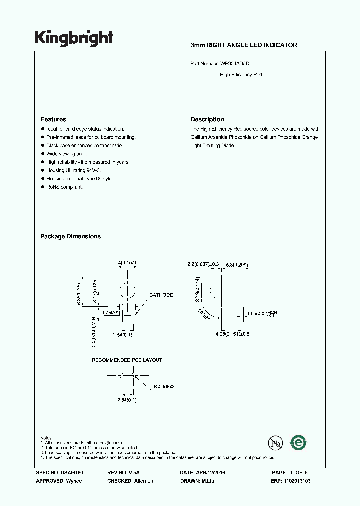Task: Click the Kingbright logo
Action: [x=73, y=38]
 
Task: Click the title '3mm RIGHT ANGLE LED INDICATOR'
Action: [x=244, y=45]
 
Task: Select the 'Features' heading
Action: [x=53, y=119]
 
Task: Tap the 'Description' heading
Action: [x=207, y=119]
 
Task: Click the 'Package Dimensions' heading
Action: [x=70, y=236]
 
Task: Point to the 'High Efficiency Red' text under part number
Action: [x=241, y=75]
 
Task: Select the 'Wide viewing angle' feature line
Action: [x=68, y=154]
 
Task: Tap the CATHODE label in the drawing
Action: [x=161, y=295]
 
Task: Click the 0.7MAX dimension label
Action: [x=110, y=313]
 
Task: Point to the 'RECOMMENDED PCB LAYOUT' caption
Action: [x=127, y=360]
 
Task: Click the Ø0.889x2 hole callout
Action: [x=164, y=387]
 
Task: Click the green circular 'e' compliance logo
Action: [x=299, y=442]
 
